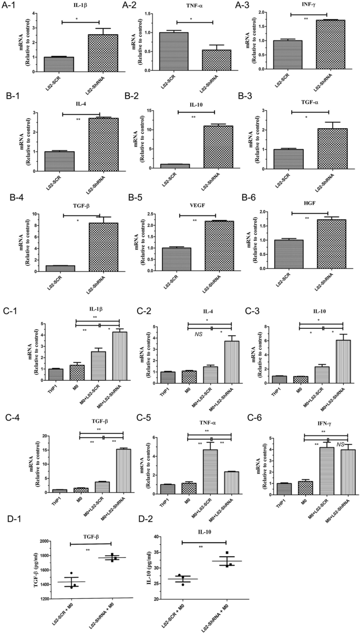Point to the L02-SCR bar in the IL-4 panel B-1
[x=59, y=161]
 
